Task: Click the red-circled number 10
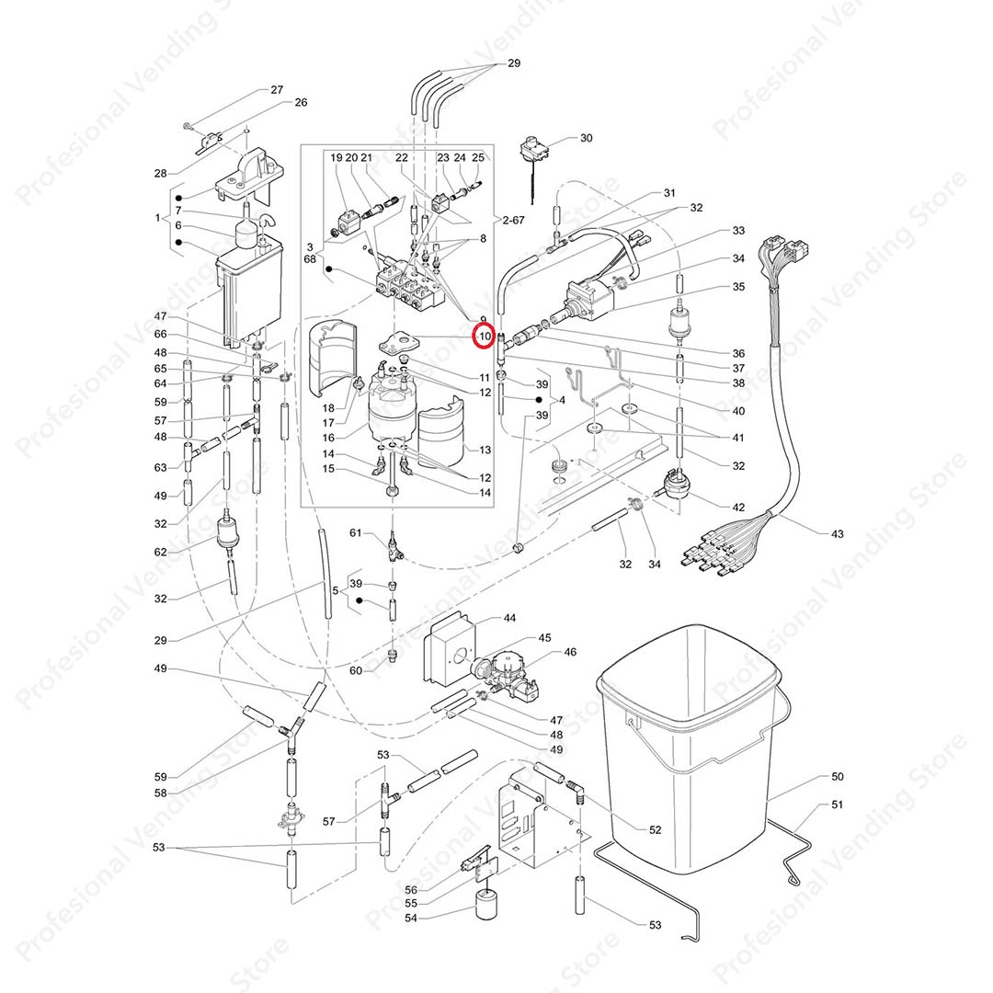click(x=484, y=337)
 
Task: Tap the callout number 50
click(x=837, y=777)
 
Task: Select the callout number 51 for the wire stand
click(x=837, y=805)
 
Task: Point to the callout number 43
click(x=837, y=533)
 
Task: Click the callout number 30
click(x=586, y=138)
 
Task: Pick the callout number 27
click(x=276, y=90)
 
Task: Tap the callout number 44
click(x=508, y=619)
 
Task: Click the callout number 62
click(x=161, y=552)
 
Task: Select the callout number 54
click(x=410, y=919)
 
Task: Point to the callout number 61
click(x=355, y=533)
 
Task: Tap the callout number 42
click(x=738, y=507)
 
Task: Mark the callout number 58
click(x=161, y=793)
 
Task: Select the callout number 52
click(x=655, y=829)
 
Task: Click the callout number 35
click(x=738, y=287)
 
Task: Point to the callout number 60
click(x=355, y=670)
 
